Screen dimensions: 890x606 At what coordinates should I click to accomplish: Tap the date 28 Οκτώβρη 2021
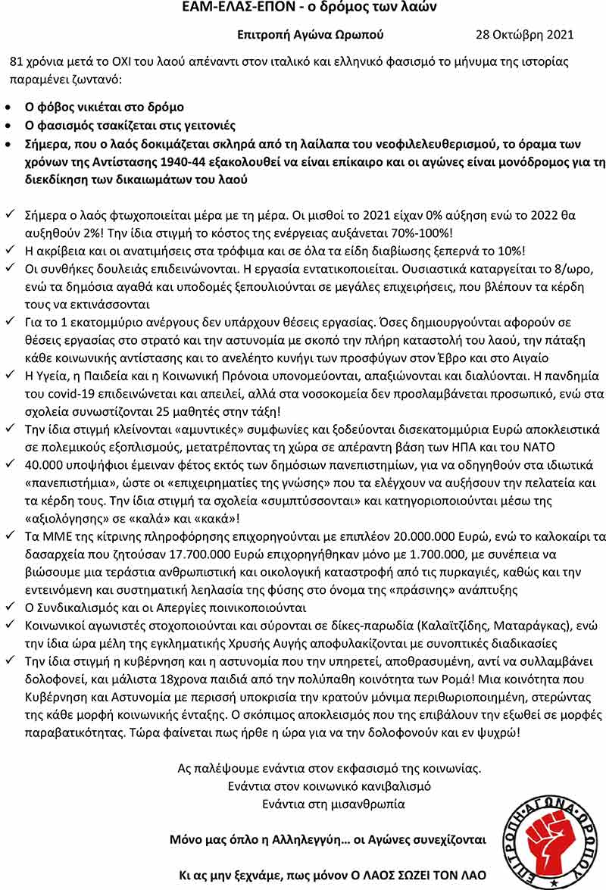(524, 35)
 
